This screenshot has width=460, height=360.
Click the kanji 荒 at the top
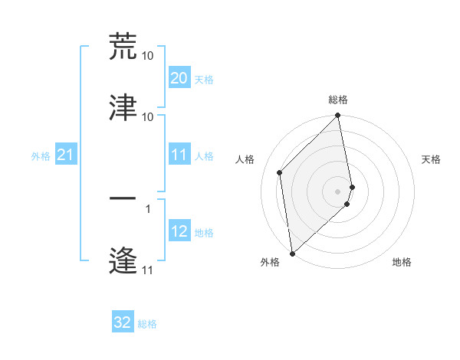pyautogui.click(x=123, y=46)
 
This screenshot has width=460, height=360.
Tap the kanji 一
pyautogui.click(x=123, y=198)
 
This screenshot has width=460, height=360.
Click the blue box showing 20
pyautogui.click(x=179, y=78)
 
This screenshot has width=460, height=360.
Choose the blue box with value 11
pyautogui.click(x=179, y=155)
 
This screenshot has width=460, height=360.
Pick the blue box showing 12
pyautogui.click(x=179, y=232)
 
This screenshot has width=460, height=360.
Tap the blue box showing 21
pyautogui.click(x=65, y=155)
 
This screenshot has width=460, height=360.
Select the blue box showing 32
pyautogui.click(x=123, y=322)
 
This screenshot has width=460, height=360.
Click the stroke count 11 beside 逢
pyautogui.click(x=147, y=270)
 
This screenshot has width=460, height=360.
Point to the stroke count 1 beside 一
pyautogui.click(x=147, y=208)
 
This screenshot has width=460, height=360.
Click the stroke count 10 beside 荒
pyautogui.click(x=147, y=56)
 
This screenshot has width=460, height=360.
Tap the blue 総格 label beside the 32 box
pyautogui.click(x=147, y=324)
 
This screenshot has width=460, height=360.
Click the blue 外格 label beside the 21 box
pyautogui.click(x=41, y=156)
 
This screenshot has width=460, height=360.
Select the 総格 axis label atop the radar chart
pyautogui.click(x=338, y=100)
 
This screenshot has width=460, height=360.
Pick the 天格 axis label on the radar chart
pyautogui.click(x=432, y=159)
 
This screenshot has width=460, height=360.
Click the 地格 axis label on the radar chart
pyautogui.click(x=402, y=263)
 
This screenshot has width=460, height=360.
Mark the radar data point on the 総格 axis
pyautogui.click(x=338, y=116)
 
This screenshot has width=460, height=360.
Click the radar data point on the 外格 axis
pyautogui.click(x=292, y=253)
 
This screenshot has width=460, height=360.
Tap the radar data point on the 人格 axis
pyautogui.click(x=280, y=172)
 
